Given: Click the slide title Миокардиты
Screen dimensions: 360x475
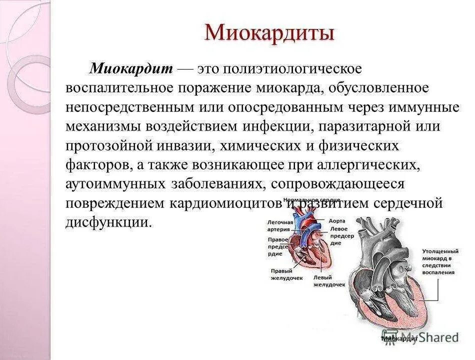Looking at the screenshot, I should [269, 33].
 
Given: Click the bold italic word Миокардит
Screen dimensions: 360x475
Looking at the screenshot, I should [131, 69].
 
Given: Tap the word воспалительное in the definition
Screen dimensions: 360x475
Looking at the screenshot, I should [119, 88].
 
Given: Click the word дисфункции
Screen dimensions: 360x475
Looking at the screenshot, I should [108, 222].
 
